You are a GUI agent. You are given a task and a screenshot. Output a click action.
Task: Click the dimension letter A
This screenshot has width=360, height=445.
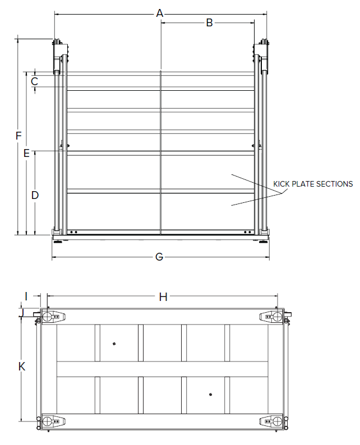pos(160,13)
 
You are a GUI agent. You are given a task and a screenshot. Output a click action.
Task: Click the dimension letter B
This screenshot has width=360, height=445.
pos(209,23)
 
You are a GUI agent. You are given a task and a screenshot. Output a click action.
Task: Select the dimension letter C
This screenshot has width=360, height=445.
pos(34,81)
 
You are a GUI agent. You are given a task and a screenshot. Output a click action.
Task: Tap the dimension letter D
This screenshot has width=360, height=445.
pos(35,195)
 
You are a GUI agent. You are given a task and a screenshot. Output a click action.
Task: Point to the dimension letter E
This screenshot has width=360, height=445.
pos(26,152)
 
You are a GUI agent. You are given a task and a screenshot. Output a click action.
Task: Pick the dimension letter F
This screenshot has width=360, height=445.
pos(19,136)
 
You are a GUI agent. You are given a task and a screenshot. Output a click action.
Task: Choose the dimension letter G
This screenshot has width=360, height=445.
pos(159,257)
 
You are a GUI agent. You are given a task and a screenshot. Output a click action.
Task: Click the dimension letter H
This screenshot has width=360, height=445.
pos(163,297)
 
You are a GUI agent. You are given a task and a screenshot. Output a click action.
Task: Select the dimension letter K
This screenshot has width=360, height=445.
pos(22,367)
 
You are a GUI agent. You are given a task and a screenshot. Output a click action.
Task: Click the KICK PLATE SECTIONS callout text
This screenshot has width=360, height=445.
pos(313,184)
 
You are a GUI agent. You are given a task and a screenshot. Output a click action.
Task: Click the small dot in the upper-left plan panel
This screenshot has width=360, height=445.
pos(114,344)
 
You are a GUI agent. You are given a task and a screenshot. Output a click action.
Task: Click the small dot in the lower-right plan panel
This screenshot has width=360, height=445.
pos(210,394)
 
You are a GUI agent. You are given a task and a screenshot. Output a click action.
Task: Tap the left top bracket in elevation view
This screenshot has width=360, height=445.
pos(59,56)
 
